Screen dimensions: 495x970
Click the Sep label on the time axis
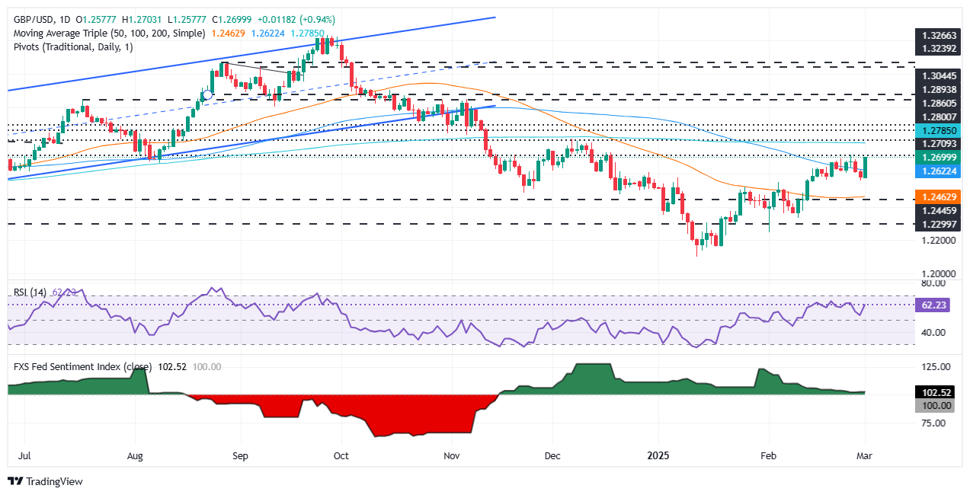pyautogui.click(x=240, y=456)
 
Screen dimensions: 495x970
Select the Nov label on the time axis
pyautogui.click(x=452, y=456)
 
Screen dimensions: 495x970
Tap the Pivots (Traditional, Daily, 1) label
pyautogui.click(x=72, y=47)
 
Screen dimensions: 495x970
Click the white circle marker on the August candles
pyautogui.click(x=206, y=94)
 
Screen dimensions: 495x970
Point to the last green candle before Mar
pyautogui.click(x=865, y=167)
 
